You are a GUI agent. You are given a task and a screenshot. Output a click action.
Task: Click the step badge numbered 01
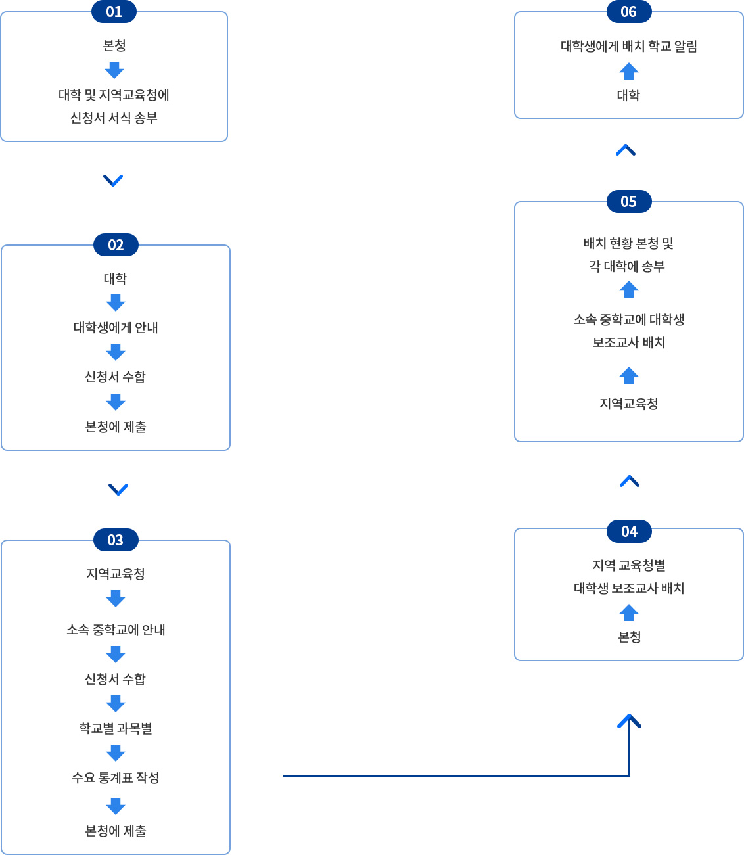[114, 12]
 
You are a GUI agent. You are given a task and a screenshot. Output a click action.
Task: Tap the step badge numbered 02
[116, 245]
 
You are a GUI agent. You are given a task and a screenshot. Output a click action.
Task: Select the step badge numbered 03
[116, 540]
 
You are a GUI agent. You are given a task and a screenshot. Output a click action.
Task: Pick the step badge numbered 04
[629, 532]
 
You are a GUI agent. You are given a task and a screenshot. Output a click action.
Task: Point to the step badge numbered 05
[628, 202]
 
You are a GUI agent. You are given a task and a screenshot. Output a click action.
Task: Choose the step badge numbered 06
[628, 12]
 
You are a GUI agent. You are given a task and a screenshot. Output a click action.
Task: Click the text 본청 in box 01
[114, 45]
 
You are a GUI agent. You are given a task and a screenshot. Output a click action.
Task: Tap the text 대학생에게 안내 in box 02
[116, 327]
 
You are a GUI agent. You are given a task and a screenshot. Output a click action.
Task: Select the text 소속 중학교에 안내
[116, 630]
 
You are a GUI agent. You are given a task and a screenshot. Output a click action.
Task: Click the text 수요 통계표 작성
[116, 777]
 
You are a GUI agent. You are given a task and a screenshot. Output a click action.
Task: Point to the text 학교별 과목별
[116, 728]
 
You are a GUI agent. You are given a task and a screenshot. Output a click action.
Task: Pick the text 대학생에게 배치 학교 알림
[628, 46]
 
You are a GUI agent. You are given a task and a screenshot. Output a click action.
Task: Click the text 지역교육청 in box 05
[628, 404]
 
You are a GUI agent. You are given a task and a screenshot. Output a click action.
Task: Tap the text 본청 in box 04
[629, 637]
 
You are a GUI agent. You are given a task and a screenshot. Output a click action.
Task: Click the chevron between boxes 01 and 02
[113, 180]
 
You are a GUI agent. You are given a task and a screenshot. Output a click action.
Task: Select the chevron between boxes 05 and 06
[626, 150]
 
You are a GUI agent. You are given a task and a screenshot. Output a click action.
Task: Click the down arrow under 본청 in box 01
[114, 70]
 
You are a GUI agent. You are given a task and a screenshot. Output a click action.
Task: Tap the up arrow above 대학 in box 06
[628, 71]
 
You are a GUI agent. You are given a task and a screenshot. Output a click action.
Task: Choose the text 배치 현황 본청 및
[628, 243]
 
